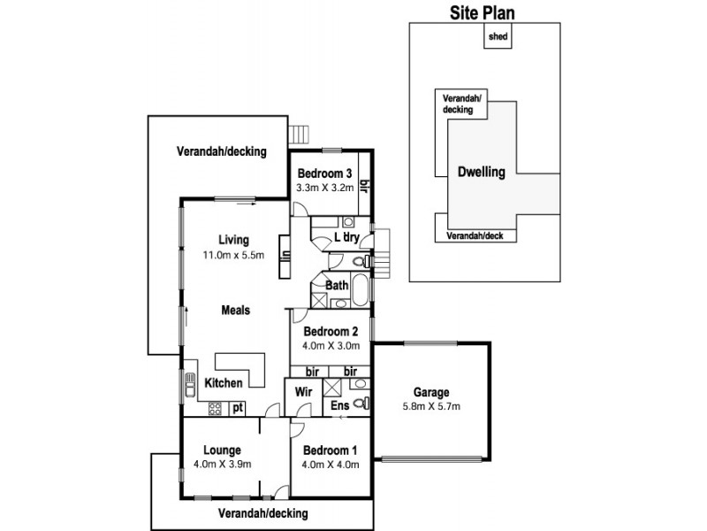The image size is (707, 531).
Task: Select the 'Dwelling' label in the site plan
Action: (482, 173)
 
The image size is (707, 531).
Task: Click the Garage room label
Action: (431, 392)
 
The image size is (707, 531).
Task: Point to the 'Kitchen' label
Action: (224, 383)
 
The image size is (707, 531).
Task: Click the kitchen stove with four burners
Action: (215, 408)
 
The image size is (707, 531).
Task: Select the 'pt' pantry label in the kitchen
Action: (237, 408)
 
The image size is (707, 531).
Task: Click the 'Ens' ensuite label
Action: (339, 405)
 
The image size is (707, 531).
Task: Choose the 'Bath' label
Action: (336, 285)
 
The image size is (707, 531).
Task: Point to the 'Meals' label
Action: (235, 310)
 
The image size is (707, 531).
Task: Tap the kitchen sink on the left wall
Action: (189, 386)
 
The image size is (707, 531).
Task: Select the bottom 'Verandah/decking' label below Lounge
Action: (264, 513)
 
